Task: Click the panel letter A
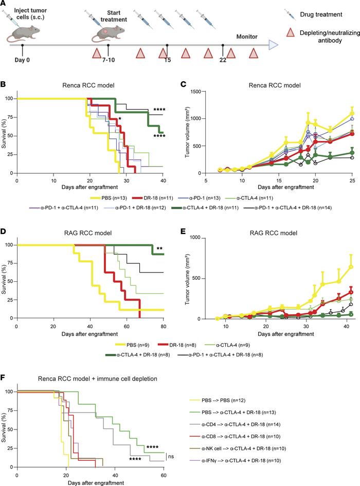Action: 4,4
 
